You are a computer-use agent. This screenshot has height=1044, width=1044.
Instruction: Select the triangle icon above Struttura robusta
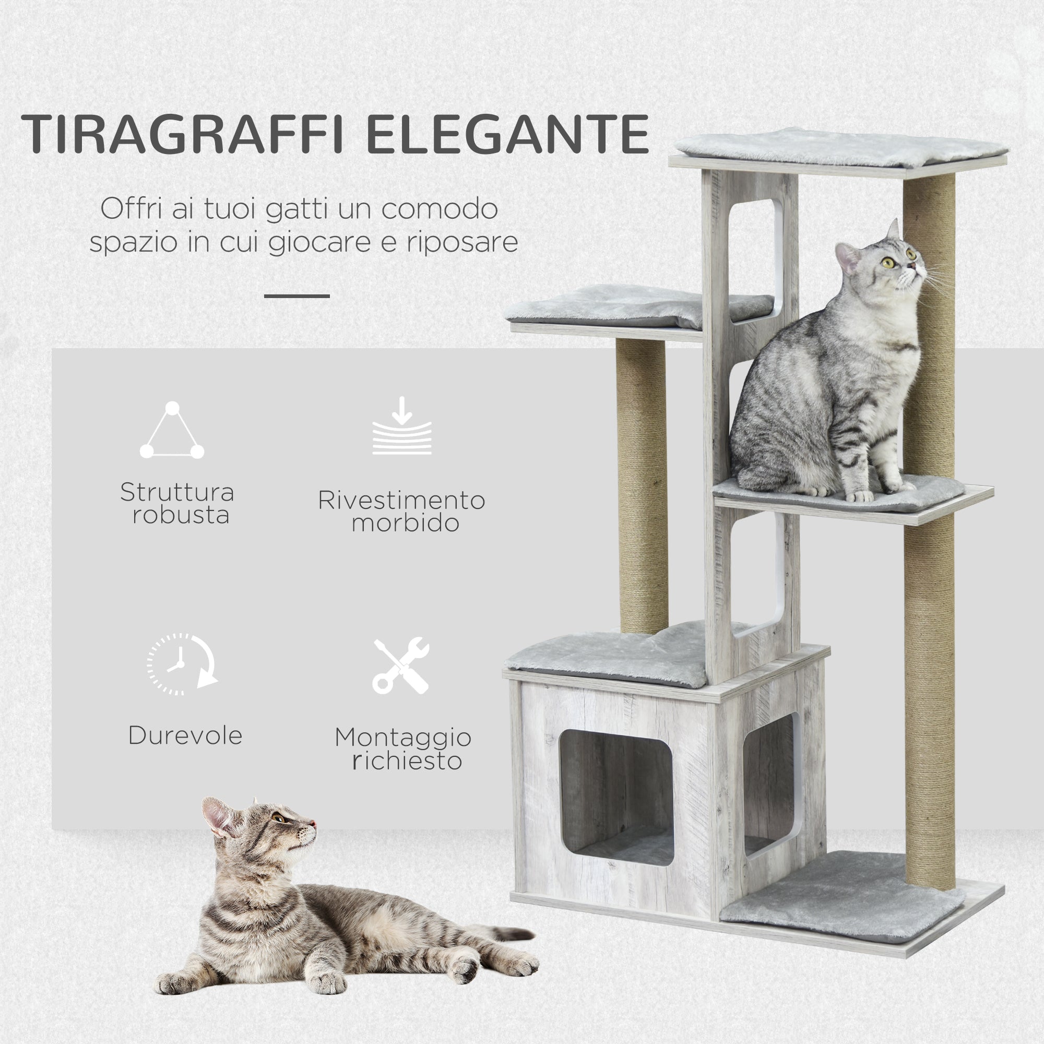pyautogui.click(x=172, y=431)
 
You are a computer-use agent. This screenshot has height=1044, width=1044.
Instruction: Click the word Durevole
pyautogui.click(x=185, y=736)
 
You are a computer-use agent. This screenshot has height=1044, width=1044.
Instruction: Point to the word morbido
pyautogui.click(x=405, y=523)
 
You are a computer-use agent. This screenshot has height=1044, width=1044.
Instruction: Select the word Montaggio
pyautogui.click(x=402, y=738)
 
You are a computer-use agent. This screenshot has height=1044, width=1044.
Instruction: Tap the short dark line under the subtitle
pyautogui.click(x=296, y=296)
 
